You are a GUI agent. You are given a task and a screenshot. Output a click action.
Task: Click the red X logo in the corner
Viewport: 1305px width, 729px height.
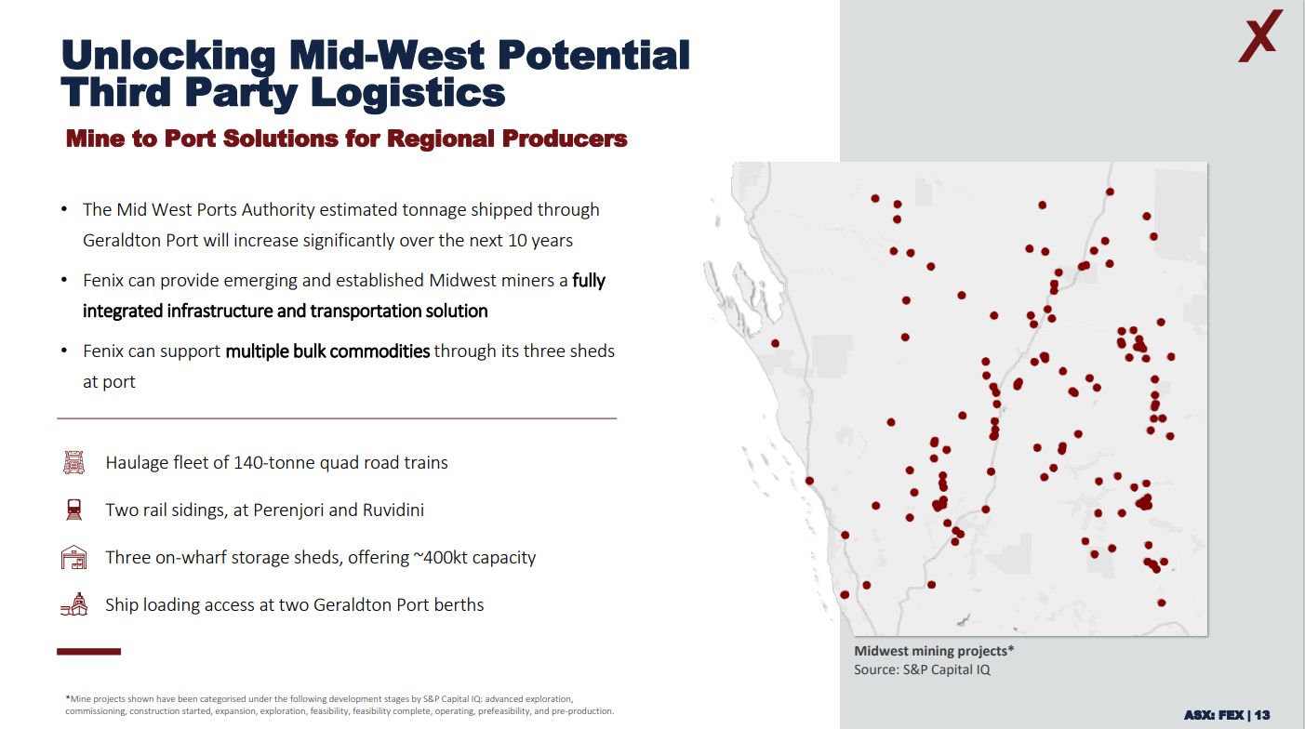[x=1260, y=36]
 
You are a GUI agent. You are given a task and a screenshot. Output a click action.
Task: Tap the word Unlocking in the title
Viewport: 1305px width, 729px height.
[x=168, y=57]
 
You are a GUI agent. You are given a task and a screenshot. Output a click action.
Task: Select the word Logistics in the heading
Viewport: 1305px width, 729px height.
[x=407, y=93]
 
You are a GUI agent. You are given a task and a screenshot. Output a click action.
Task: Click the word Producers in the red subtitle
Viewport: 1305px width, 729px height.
[x=565, y=139]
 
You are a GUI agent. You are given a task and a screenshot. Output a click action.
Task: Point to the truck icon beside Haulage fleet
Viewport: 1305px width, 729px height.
[x=74, y=463]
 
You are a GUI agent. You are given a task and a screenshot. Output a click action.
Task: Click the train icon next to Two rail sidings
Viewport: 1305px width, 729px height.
[x=74, y=510]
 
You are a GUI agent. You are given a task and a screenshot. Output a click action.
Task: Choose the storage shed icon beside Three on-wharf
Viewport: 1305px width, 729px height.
[x=74, y=557]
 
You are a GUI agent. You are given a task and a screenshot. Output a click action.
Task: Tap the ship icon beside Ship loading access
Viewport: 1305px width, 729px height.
[x=74, y=604]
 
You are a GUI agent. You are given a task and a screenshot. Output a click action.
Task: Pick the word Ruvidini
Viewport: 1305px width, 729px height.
[x=393, y=510]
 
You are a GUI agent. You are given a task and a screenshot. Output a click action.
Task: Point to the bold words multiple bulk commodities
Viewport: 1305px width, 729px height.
[x=327, y=351]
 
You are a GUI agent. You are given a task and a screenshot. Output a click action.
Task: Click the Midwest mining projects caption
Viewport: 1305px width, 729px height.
[x=934, y=651]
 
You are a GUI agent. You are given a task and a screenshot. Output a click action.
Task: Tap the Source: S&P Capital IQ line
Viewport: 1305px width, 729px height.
[x=922, y=669]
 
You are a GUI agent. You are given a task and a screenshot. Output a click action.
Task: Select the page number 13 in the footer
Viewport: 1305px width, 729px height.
[x=1262, y=714]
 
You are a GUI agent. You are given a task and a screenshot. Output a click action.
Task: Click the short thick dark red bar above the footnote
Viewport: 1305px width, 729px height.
[x=88, y=652]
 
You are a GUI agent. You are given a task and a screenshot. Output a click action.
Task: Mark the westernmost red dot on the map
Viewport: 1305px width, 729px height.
[x=775, y=343]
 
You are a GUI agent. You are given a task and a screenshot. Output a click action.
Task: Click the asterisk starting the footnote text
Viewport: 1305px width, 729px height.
[x=68, y=697]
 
